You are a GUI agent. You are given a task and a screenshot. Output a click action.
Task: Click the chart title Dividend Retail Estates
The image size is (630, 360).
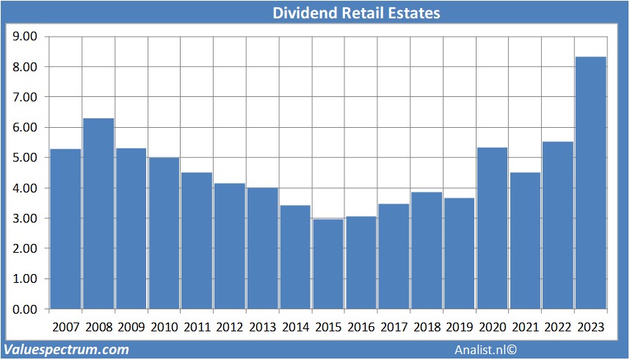coord(356,12)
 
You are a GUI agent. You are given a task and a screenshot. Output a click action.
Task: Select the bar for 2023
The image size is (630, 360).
coord(591,183)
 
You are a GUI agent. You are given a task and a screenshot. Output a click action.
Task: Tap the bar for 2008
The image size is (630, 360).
coord(98,214)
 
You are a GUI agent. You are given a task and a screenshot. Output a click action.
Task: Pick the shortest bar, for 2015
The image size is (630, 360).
coord(328,264)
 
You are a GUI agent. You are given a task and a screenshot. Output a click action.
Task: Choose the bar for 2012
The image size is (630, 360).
coord(229,246)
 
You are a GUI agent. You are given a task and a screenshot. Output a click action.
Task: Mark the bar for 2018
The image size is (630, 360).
coord(427,251)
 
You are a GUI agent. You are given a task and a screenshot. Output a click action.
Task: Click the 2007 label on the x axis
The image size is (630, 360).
coord(65,326)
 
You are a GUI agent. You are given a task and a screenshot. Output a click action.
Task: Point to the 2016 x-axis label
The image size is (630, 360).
coord(361,326)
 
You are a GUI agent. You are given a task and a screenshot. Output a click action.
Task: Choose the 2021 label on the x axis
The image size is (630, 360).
coord(525,326)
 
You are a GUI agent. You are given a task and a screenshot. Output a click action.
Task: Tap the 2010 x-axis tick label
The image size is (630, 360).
coord(164,326)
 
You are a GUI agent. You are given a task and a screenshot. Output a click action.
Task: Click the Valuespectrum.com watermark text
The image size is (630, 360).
coord(66,350)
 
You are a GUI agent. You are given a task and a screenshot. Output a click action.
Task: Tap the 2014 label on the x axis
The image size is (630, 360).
coord(295,326)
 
